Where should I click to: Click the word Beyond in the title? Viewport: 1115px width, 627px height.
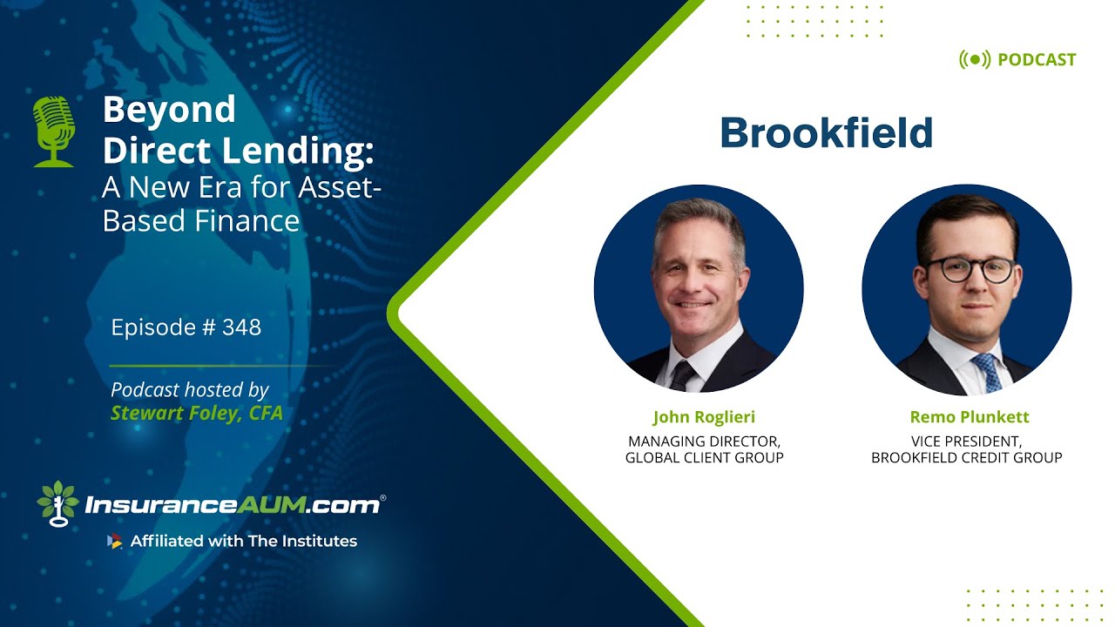click(169, 110)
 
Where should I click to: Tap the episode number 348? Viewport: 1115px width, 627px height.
click(241, 327)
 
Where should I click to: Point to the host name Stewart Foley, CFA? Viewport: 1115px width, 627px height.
click(197, 413)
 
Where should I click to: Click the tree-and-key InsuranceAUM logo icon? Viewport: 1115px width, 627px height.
click(58, 503)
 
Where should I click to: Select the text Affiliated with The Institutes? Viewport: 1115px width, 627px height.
click(243, 541)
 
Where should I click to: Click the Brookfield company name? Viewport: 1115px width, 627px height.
click(826, 133)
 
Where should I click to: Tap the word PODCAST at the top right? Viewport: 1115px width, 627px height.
click(1037, 60)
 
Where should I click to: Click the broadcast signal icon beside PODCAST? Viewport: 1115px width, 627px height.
click(975, 60)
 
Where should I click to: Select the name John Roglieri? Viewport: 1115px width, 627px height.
click(704, 417)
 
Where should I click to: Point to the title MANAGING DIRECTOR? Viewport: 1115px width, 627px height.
click(704, 441)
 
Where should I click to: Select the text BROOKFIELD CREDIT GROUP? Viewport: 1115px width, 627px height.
click(967, 457)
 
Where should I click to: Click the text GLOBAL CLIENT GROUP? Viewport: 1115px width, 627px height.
click(704, 457)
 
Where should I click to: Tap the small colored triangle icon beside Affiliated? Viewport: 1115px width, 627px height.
click(114, 541)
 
